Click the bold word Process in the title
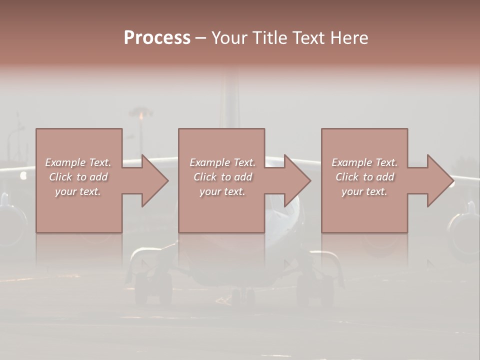coord(157,38)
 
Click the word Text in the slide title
coord(308,38)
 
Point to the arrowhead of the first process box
coord(155,180)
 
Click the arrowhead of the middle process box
coord(297,180)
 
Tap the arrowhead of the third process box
coord(440,180)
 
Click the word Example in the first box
coord(65,162)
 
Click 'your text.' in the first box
coord(78,191)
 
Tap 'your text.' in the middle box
coord(222,191)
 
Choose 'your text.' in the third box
coord(364,191)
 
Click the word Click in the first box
coord(60,177)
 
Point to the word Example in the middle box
coord(209,162)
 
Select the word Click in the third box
coord(347,177)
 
